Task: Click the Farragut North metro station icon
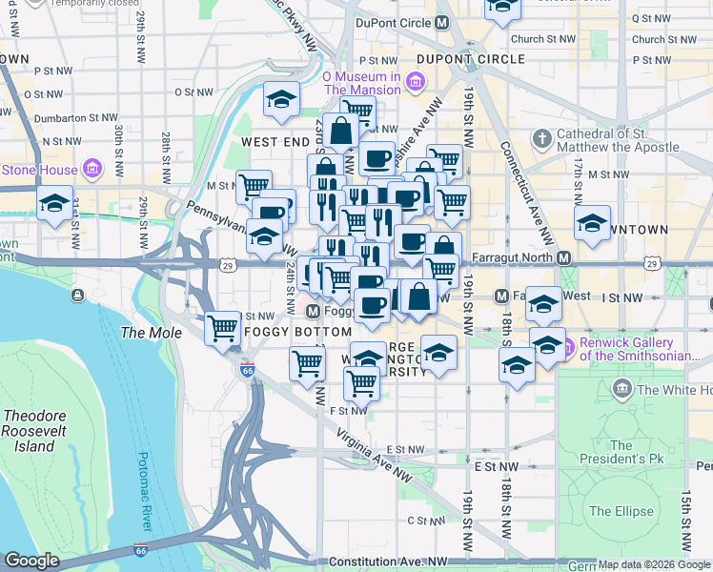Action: point(564,258)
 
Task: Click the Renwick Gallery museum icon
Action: point(571,344)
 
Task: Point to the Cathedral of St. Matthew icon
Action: point(542,141)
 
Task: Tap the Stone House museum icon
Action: point(92,170)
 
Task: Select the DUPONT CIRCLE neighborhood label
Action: point(471,59)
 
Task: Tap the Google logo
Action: point(32,561)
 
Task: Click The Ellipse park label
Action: point(615,511)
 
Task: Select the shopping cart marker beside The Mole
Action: point(223,328)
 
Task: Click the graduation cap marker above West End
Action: point(281,99)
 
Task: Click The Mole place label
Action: point(143,333)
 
